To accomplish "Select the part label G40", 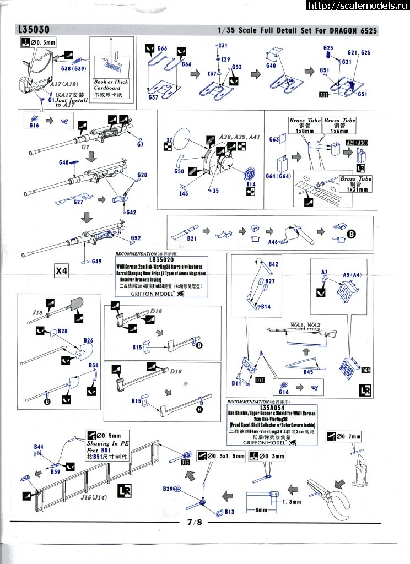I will pos(271,66).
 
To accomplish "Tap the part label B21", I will pos(192,238).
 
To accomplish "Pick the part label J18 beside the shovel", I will pos(37,312).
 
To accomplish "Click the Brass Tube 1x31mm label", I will pos(355,185).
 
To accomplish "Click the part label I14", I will pos(251,185).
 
